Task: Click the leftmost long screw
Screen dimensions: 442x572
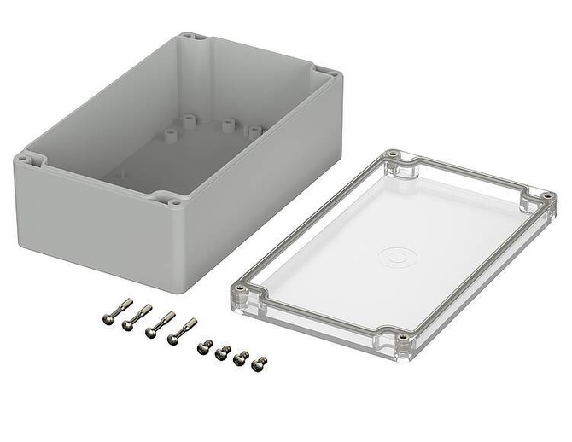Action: pos(117,311)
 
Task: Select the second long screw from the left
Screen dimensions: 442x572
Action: pos(138,317)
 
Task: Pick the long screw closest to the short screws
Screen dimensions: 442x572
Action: pos(181,331)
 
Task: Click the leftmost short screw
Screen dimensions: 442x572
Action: pos(205,346)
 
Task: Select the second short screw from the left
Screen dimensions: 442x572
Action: pos(223,352)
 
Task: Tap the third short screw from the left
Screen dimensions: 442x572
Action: pos(242,358)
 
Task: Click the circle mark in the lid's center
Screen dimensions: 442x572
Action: pos(396,255)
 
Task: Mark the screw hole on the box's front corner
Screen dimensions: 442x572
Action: pos(174,202)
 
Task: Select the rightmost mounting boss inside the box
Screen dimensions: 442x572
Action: pos(254,131)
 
